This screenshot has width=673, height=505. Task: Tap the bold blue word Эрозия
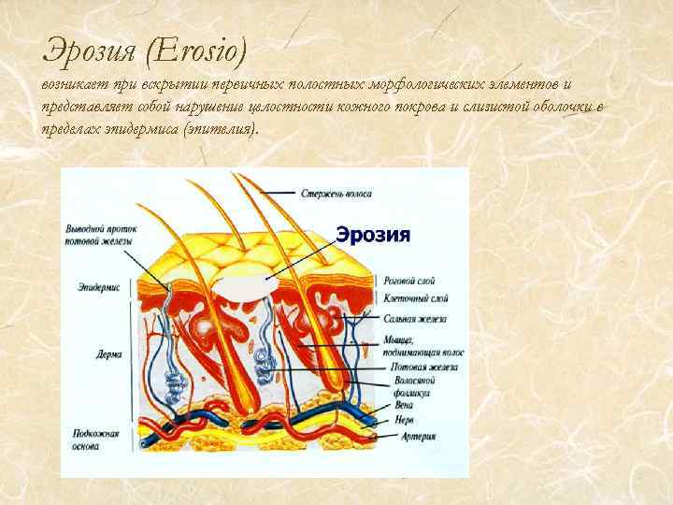pos(373,235)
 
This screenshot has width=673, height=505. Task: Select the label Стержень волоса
pos(336,195)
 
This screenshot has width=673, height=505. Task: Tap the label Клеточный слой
pos(416,299)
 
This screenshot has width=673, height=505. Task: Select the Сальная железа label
pos(415,319)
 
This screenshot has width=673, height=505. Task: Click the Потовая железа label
pos(421,368)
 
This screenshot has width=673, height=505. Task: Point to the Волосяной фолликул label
pos(408,388)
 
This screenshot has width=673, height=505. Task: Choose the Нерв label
pos(405,422)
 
